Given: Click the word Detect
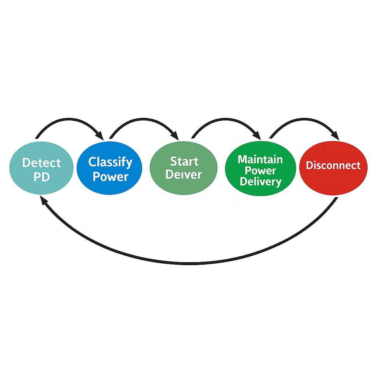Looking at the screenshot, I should click(41, 163).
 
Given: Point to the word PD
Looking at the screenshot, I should click(41, 177).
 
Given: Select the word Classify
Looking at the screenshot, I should click(110, 162).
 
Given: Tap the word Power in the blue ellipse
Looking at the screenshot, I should click(110, 177).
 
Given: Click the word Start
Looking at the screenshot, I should click(184, 161).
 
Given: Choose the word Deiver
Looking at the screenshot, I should click(184, 175).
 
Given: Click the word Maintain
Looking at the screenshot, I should click(260, 159).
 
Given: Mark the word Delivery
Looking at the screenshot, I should click(260, 181).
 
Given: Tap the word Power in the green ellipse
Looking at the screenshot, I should click(260, 170).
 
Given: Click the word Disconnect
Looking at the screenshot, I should click(333, 166).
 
